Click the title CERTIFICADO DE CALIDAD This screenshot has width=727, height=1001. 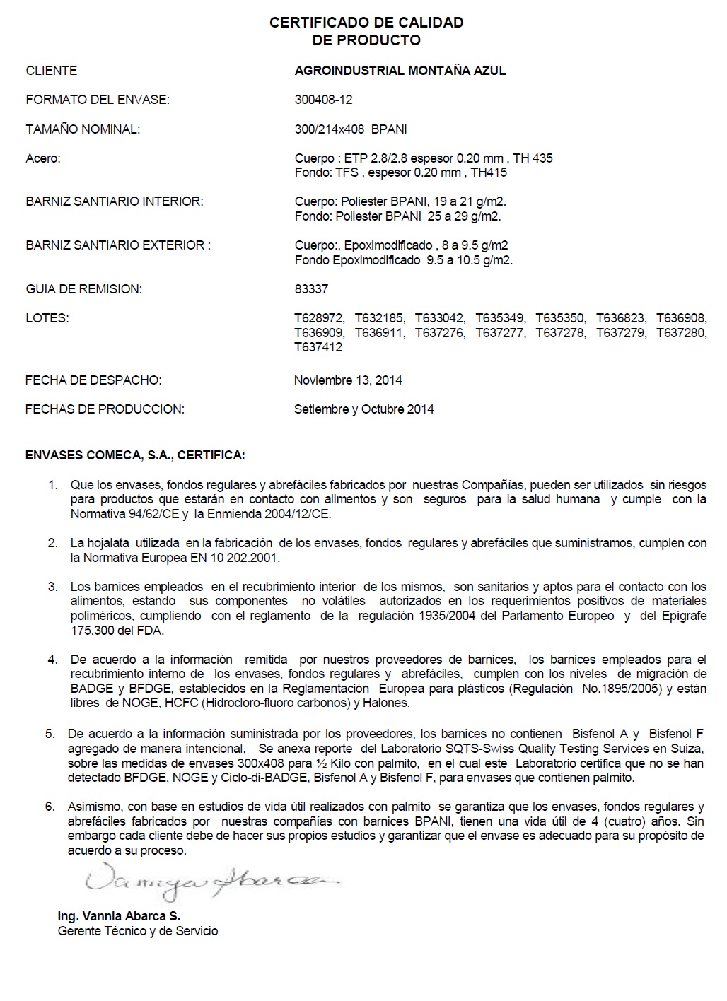tap(366, 23)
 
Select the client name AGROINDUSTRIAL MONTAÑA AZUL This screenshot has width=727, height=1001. tap(400, 71)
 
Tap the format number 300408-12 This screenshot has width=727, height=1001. tap(323, 100)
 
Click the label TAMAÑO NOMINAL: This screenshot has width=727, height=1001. tap(83, 129)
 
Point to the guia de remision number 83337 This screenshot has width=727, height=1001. tap(311, 289)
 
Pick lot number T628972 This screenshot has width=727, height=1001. tap(319, 318)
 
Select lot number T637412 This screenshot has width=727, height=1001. tap(318, 347)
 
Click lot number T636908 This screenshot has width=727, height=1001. tap(681, 318)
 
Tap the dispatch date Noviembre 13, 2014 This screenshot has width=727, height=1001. tap(348, 380)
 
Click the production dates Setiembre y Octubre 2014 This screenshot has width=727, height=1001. tap(363, 409)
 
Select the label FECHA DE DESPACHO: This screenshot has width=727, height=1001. tap(93, 380)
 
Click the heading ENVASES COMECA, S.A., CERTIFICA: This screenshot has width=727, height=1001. tap(135, 455)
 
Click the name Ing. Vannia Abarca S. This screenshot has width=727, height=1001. tap(119, 916)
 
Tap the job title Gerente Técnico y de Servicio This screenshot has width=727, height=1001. tap(138, 931)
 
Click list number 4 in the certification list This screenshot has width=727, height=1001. tap(53, 660)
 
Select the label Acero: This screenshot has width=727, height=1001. tap(43, 158)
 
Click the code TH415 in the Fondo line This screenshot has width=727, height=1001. tap(489, 172)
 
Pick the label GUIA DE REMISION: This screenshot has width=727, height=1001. tap(83, 289)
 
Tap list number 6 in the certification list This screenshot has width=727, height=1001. tap(50, 807)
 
